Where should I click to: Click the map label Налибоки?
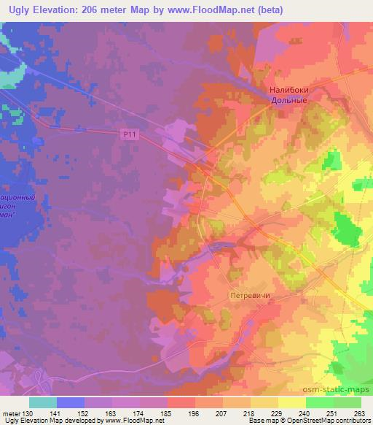pos(289,90)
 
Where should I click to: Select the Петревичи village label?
pos(250,296)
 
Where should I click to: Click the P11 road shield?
pos(129,133)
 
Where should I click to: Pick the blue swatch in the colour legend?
pos(70,402)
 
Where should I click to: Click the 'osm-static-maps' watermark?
pos(342,388)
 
